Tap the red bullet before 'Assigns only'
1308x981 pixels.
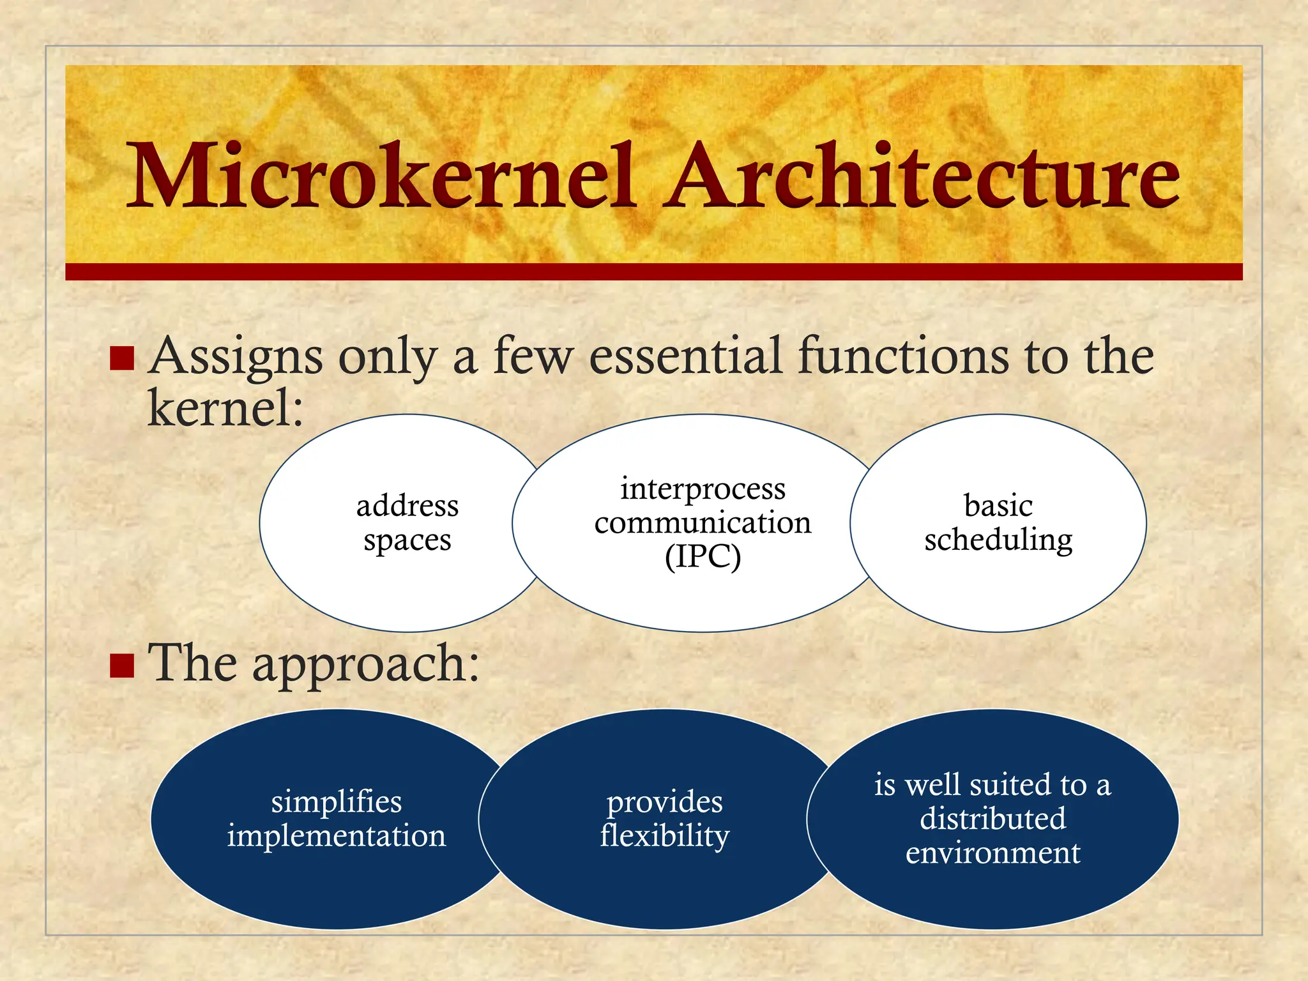point(121,358)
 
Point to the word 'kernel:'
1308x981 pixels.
point(225,408)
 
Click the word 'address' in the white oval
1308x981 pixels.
point(407,506)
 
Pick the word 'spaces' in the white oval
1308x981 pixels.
point(407,540)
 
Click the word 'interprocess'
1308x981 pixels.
point(703,489)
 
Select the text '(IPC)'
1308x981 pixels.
point(703,557)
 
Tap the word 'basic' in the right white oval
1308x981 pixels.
point(998,506)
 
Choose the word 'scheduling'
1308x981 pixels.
point(998,540)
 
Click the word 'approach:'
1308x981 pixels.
point(365,665)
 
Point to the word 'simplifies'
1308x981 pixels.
point(336,802)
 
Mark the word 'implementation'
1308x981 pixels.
point(336,836)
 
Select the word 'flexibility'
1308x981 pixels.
point(664,836)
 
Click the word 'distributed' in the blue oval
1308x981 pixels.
point(992,819)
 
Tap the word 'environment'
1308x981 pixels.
point(992,853)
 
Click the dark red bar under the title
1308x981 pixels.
point(654,271)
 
